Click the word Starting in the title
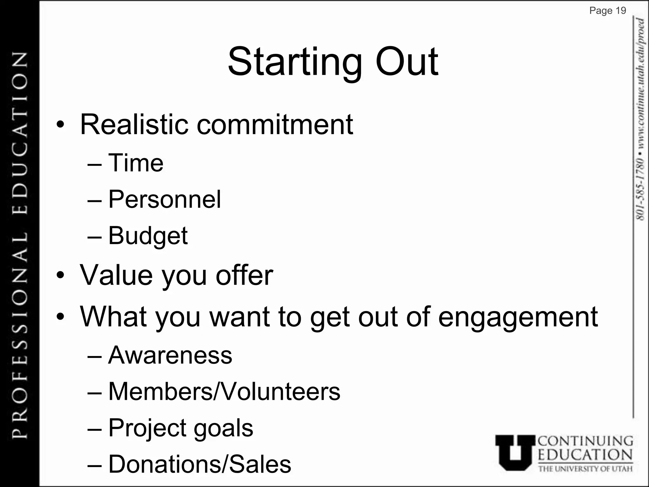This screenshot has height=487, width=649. tap(295, 62)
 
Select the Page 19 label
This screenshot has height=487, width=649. tap(607, 11)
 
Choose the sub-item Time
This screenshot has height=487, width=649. tap(136, 163)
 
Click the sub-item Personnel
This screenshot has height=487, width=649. tap(164, 199)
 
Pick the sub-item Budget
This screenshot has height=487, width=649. tap(148, 236)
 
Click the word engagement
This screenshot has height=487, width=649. tap(518, 317)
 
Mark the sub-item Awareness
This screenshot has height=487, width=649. tap(170, 355)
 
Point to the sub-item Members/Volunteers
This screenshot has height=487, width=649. tap(224, 392)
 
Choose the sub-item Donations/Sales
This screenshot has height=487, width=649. tap(200, 464)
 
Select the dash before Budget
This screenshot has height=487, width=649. tap(94, 237)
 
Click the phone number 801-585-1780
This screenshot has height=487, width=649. tap(640, 189)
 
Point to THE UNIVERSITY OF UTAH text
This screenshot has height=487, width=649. tap(585, 469)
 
